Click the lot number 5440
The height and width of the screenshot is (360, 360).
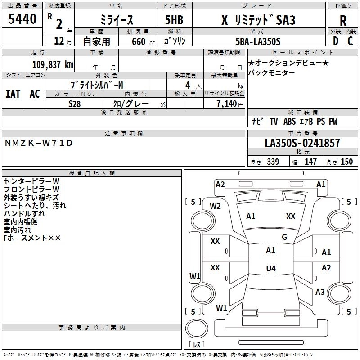(x=22, y=19)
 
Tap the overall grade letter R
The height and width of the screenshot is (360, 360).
(x=343, y=21)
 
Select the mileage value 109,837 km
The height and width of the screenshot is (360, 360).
(x=53, y=65)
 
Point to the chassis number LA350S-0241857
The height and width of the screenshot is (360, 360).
(x=302, y=143)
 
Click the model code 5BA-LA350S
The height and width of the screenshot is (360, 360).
(x=258, y=41)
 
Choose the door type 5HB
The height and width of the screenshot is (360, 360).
(x=174, y=20)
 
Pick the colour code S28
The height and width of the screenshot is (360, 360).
(x=74, y=104)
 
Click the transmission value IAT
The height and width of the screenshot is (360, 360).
(x=13, y=94)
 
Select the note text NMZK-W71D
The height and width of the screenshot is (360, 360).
(x=39, y=143)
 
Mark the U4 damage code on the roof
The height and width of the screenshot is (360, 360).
(x=271, y=268)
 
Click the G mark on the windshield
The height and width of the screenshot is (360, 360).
(x=284, y=237)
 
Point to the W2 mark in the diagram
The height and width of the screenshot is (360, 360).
(x=215, y=206)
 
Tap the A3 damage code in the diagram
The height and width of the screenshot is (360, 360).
(x=320, y=292)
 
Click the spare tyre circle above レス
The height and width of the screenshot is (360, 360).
(x=197, y=328)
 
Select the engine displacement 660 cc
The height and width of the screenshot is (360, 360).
(x=143, y=42)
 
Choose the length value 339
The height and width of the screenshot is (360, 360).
(x=273, y=162)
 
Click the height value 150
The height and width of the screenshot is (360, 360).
(x=346, y=162)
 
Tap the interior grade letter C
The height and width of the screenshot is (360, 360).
(x=350, y=41)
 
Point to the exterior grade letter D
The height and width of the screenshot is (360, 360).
(x=336, y=41)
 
